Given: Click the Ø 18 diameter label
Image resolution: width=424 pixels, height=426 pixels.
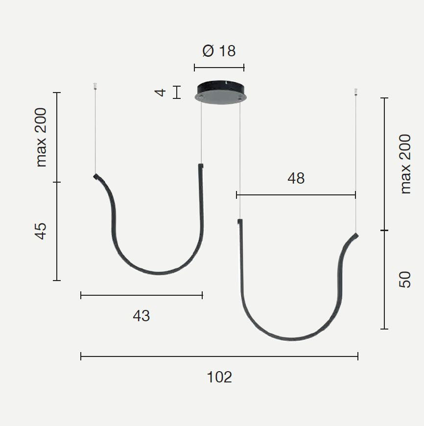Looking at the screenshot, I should [x=219, y=50].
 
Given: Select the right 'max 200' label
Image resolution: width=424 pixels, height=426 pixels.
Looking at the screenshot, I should [x=405, y=164].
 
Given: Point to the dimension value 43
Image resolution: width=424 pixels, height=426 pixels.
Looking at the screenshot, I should [x=141, y=316].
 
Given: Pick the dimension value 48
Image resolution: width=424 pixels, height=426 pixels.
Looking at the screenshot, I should [x=296, y=179].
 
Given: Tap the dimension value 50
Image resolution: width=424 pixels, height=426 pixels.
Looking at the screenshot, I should [x=405, y=280].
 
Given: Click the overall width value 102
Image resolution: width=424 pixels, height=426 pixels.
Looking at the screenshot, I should [x=219, y=377].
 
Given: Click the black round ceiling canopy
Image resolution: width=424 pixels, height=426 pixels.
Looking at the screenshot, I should [x=220, y=92].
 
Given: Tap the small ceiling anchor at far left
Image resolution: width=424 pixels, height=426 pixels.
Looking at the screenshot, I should [x=95, y=87].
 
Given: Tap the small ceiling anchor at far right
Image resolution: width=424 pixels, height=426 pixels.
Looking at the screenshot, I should [x=356, y=92].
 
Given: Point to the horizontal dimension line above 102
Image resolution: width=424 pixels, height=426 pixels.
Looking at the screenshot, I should [x=219, y=356].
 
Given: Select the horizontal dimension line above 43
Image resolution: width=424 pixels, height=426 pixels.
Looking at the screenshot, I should [x=141, y=295].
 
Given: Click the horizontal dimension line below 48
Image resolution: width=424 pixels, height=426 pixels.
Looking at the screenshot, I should [x=296, y=195].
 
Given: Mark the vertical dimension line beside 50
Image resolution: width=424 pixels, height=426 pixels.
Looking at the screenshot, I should [x=385, y=280].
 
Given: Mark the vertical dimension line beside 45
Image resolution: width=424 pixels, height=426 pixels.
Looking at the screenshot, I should [x=57, y=231].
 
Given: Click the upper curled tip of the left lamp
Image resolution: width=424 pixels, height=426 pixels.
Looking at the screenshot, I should [x=96, y=176].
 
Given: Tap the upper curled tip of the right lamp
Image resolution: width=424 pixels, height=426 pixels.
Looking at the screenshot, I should [x=356, y=237].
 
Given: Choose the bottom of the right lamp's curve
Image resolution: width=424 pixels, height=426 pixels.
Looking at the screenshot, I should [x=292, y=338].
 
